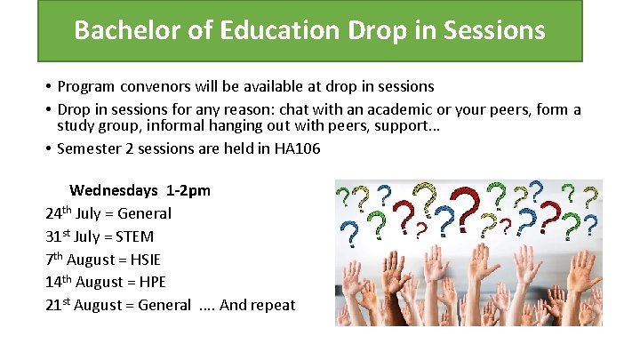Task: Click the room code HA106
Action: [296, 148]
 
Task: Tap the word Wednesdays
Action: [114, 190]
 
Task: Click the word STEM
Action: [135, 236]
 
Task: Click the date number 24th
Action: [58, 213]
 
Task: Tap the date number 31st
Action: [57, 236]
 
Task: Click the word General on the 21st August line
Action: [163, 306]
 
